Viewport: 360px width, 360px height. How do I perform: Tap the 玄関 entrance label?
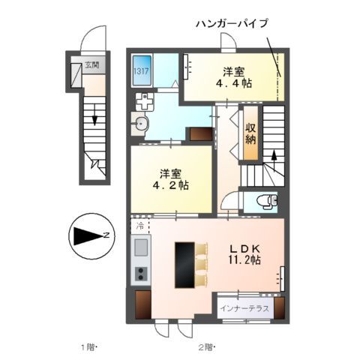[91, 65]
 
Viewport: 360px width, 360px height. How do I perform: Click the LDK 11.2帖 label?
[244, 253]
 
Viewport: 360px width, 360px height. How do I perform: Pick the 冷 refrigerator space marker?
[140, 225]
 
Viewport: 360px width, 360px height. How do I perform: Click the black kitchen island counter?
[184, 264]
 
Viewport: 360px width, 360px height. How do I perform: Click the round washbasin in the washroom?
[141, 124]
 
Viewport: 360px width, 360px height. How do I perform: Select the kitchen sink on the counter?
[140, 247]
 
